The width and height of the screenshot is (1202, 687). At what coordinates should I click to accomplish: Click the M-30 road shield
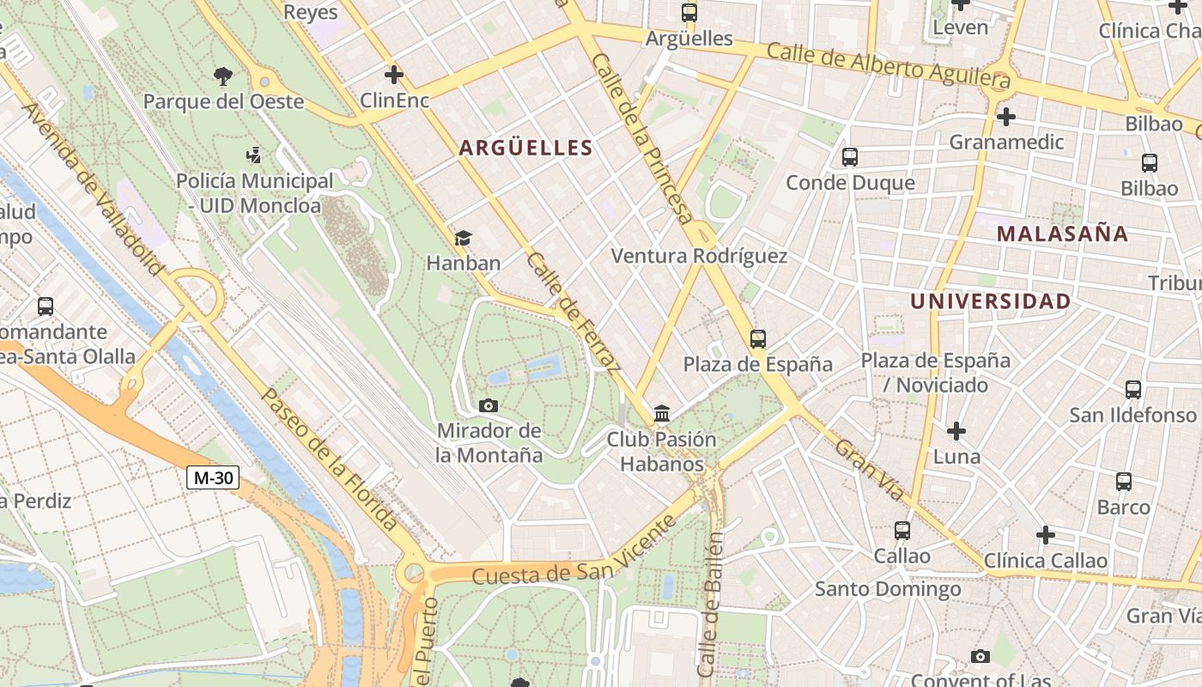click(x=213, y=477)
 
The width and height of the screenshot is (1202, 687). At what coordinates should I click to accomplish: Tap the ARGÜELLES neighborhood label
click(x=525, y=148)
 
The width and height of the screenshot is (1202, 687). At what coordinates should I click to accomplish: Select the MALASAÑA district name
click(x=1062, y=234)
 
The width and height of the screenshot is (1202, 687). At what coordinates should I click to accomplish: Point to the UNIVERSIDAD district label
click(x=990, y=301)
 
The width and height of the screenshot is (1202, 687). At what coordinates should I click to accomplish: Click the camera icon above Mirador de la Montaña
click(x=489, y=405)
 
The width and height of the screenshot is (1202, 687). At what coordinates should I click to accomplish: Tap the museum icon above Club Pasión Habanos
click(x=662, y=414)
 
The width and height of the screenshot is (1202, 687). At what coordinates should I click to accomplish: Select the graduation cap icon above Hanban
click(x=463, y=238)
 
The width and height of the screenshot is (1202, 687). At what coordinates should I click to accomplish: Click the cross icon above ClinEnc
click(x=394, y=75)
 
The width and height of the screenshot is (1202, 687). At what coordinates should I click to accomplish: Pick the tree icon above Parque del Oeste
click(x=223, y=76)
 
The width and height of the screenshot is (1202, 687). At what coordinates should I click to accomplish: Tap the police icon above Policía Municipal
click(x=253, y=155)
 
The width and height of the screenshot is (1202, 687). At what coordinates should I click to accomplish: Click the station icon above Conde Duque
click(x=850, y=157)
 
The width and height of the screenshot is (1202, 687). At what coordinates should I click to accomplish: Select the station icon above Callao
click(x=901, y=531)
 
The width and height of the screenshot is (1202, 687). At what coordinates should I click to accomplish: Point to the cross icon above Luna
click(x=956, y=430)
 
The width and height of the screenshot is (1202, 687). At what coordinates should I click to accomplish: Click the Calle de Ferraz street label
click(x=574, y=312)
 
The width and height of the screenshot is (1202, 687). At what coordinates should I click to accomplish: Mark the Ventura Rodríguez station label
click(x=699, y=256)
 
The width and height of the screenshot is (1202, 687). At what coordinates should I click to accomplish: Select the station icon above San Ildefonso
click(x=1133, y=389)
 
